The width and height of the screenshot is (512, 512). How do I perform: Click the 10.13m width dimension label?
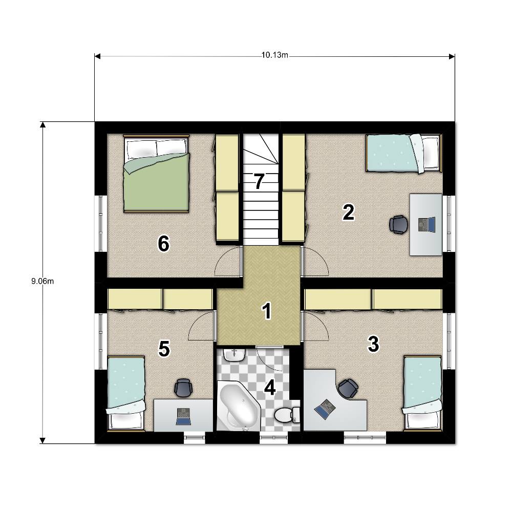pos(274,55)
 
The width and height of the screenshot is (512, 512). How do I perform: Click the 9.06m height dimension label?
pos(42,281)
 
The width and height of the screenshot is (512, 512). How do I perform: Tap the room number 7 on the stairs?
pos(259,182)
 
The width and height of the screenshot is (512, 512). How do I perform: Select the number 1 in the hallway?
pos(267,311)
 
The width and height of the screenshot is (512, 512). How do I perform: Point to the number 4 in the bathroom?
pos(270,388)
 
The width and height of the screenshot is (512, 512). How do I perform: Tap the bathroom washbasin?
pos(234,355)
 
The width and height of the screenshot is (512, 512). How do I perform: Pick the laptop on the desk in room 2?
pos(427,225)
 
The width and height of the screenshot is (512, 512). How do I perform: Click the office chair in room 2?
pos(399,225)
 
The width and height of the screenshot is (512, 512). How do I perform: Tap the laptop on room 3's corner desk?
pos(325,409)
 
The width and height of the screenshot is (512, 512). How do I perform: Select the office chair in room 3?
pos(348,389)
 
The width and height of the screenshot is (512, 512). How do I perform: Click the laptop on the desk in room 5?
pos(183,417)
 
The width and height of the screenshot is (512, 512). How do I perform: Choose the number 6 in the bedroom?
pos(164,244)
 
